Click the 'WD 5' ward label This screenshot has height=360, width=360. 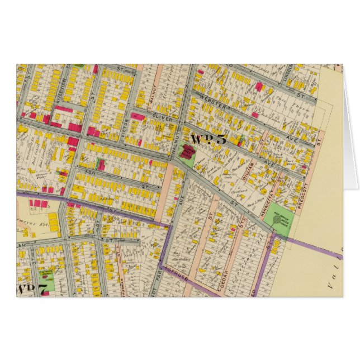208,139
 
